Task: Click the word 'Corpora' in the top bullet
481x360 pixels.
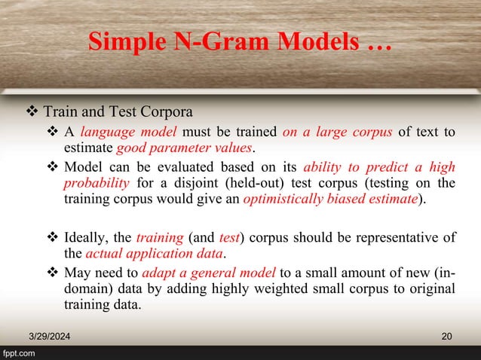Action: [167, 113]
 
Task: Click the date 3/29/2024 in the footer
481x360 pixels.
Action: [47, 334]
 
